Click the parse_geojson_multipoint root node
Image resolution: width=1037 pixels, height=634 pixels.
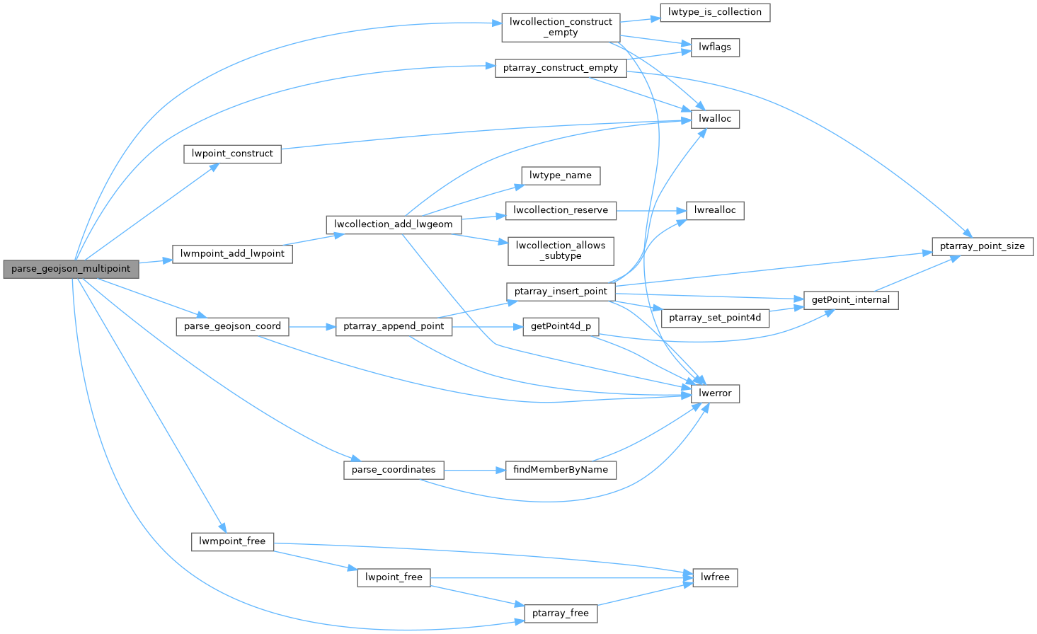(x=71, y=269)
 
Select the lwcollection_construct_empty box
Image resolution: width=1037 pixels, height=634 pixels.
(x=561, y=27)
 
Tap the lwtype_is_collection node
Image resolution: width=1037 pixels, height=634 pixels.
(x=714, y=12)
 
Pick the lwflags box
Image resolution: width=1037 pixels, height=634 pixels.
(x=715, y=47)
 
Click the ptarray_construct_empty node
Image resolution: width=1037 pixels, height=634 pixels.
(x=561, y=68)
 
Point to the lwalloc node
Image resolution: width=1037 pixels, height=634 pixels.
(x=715, y=119)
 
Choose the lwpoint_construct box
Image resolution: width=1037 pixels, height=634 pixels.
(x=232, y=154)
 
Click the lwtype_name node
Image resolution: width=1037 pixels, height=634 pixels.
(x=561, y=175)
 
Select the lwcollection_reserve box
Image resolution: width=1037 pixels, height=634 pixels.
(x=561, y=210)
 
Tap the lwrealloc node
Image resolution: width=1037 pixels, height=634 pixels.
(x=715, y=210)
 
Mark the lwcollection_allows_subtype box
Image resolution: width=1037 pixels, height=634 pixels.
(x=561, y=250)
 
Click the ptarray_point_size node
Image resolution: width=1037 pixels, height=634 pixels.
(x=982, y=246)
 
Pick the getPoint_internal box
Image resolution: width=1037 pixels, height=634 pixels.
(x=850, y=300)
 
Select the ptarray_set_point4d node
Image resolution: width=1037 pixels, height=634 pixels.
(x=715, y=318)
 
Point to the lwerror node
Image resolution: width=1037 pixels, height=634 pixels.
(x=715, y=393)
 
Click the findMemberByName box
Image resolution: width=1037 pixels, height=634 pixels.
(x=561, y=470)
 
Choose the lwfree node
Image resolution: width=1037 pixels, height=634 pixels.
(x=715, y=577)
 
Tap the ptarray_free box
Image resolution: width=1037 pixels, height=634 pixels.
(x=560, y=613)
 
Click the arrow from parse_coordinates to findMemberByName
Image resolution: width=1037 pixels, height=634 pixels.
(x=474, y=470)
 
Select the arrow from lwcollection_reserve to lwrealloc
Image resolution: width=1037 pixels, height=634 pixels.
(x=651, y=210)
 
